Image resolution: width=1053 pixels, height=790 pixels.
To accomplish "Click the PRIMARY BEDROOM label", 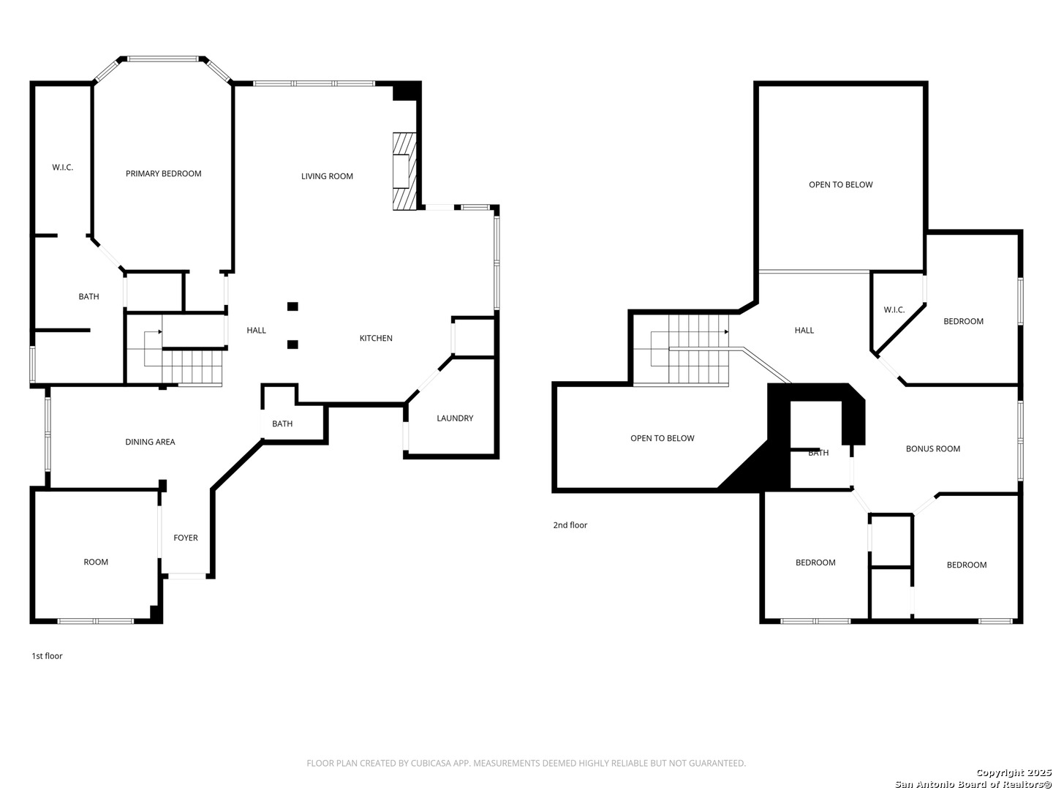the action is point(163,173).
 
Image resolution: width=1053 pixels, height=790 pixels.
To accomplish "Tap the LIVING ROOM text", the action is point(327,176).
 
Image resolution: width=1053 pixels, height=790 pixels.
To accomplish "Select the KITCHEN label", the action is point(376,338).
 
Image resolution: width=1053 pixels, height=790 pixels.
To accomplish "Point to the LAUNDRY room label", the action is point(454,418).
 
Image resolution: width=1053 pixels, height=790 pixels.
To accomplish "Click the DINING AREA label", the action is point(150,442).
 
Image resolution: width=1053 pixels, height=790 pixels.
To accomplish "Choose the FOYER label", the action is point(185,538).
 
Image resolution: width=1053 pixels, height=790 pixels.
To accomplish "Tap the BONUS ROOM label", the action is point(932,449).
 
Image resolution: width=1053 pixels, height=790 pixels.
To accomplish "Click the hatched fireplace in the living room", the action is point(404,171).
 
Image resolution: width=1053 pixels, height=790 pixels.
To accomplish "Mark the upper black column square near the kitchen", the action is point(292,306).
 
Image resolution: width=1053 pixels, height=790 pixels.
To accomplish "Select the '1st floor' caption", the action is point(47,655).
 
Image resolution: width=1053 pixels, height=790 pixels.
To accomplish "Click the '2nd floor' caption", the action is point(570,525).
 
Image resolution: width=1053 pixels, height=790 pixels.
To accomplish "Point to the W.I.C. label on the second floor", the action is point(894,310).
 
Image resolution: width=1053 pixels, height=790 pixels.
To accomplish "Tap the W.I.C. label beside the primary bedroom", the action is point(62,168).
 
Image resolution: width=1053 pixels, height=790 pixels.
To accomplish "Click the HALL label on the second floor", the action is point(804,330).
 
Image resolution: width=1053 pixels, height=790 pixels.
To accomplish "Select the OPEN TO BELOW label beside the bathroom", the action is point(662,438).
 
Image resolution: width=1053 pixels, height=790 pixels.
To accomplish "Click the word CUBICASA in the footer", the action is point(431,763).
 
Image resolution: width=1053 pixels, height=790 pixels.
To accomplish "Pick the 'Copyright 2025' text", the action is point(1014,772).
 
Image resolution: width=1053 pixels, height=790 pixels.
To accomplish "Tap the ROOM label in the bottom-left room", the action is point(96,562).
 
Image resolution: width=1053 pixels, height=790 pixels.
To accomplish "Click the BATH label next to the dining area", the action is point(282,424).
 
